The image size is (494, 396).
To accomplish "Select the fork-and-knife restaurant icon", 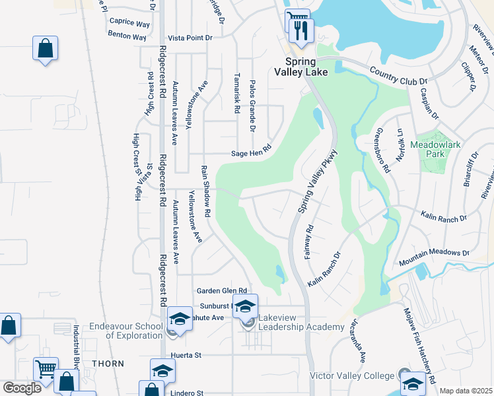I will pos(301,30).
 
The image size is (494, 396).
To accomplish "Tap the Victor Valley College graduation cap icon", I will pos(413,383).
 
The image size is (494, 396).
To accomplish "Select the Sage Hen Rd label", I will pos(251,153).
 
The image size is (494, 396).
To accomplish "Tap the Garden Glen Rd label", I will pos(221,290).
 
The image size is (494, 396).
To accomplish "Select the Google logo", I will pos(21,388).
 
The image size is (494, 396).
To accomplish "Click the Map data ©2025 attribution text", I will pos(466,391).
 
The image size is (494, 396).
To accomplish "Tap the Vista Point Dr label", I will pos(190,38).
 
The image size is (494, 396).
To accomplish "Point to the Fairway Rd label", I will pos(308,242).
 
